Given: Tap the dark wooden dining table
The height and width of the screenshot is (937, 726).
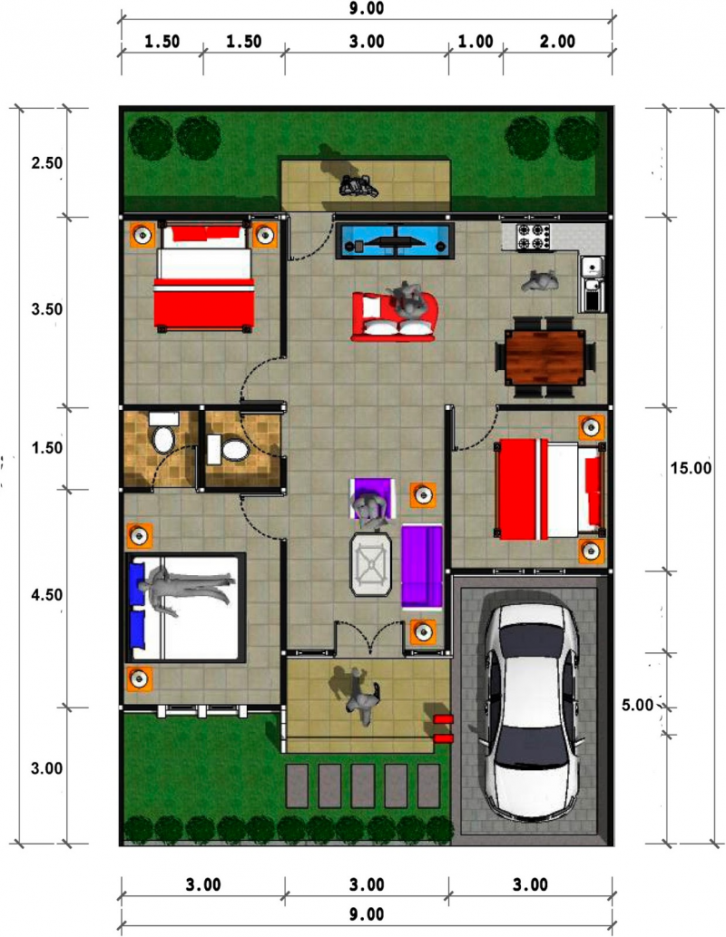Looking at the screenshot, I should [544, 356].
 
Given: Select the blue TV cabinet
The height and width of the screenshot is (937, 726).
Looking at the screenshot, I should [396, 240].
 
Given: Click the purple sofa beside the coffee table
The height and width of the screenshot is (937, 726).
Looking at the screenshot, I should [422, 565].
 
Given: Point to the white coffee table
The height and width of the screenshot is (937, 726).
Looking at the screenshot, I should [372, 565].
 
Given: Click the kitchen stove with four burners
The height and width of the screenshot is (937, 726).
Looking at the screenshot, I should [535, 238].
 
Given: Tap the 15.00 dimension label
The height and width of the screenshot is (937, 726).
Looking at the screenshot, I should [692, 468].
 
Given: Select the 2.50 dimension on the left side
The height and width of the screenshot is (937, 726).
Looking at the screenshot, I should [46, 163].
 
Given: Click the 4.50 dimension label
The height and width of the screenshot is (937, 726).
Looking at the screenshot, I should [46, 595].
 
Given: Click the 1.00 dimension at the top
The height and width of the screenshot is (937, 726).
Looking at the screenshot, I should [476, 41].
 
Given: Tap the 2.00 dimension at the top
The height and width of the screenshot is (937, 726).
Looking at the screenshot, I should [557, 41].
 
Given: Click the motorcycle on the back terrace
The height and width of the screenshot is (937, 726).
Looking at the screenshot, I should [358, 187].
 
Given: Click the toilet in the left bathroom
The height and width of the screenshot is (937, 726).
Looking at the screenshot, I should [163, 438].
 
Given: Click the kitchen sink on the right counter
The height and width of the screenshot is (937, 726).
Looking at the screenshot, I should [591, 267].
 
